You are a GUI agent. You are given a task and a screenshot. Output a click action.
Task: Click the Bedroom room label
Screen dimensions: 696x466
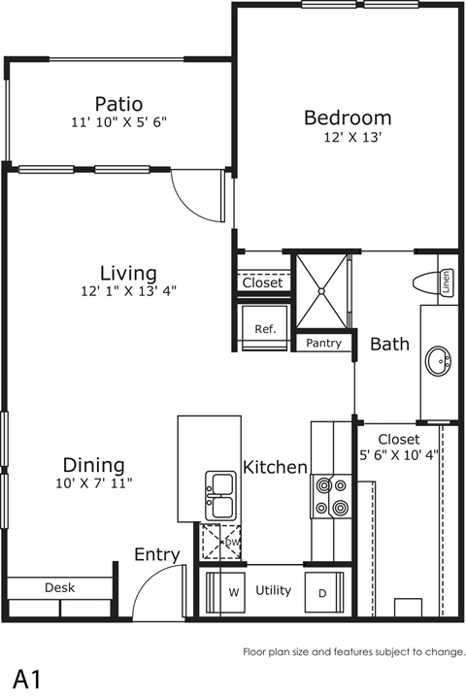coord(348,117)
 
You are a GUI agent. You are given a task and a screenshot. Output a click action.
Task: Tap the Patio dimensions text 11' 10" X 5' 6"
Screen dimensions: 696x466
coord(119,123)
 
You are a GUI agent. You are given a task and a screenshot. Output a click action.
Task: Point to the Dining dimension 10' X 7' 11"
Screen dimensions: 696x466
coord(93,482)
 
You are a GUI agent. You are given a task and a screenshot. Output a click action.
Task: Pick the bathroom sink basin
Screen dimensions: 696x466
coord(438,362)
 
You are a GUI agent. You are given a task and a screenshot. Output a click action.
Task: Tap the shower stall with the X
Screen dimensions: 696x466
coord(322,289)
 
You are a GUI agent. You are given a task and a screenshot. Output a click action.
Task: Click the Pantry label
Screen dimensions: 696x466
coord(322,344)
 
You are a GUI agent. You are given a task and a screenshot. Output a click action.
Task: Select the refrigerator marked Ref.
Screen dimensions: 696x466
coord(265,330)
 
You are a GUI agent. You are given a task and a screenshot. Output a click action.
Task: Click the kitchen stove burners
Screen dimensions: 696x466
coord(329,495)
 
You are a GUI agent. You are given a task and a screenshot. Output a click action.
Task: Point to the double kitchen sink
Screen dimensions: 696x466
coord(219,496)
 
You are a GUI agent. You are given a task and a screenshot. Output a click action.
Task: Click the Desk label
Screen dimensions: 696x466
coord(59,587)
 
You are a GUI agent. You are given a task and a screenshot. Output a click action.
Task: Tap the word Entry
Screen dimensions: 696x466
coord(156,555)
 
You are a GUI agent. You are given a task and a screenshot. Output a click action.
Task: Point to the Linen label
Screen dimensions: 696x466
coord(447,282)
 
